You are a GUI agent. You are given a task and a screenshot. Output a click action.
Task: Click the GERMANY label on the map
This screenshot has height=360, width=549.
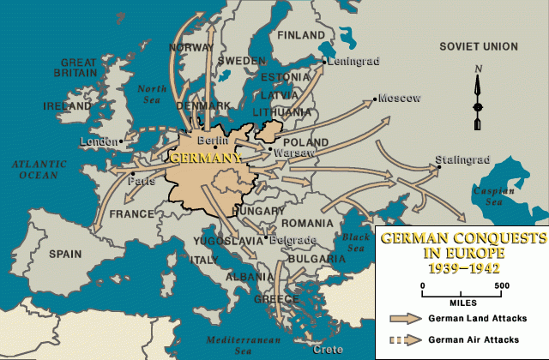coord(206,158)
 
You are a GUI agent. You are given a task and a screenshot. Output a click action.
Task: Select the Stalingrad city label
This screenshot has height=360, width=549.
coord(462,159)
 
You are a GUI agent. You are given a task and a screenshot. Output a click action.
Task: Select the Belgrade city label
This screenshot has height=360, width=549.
coord(293,240)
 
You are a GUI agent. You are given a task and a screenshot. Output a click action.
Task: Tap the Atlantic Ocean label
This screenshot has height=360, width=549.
coord(33,169)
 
